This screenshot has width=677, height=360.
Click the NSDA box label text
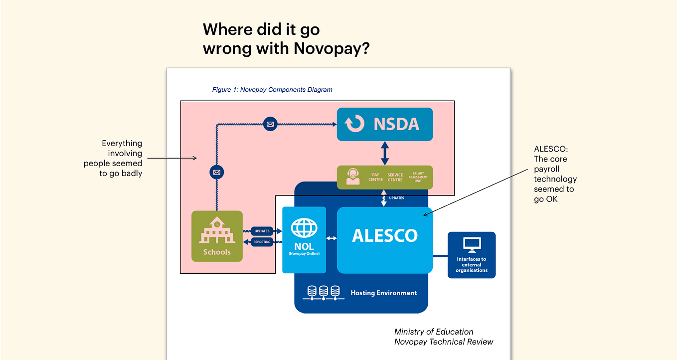point(396,124)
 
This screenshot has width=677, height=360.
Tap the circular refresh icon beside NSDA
point(354,123)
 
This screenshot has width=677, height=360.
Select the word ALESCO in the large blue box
point(385,235)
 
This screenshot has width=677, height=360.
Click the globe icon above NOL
point(304,227)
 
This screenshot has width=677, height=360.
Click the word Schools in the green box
point(217,252)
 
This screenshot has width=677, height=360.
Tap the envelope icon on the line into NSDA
point(270,124)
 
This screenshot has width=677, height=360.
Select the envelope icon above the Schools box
point(217,173)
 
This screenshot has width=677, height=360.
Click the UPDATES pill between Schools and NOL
point(262,231)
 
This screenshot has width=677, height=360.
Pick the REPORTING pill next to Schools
point(262,242)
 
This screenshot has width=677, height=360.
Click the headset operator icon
point(352,177)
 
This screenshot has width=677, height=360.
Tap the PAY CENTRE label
point(376,177)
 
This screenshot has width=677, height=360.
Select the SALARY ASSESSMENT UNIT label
point(418,177)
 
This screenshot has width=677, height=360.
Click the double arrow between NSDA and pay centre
point(385,153)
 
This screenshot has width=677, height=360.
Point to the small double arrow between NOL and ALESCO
point(332,238)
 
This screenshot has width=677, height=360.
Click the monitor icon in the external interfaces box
point(472,245)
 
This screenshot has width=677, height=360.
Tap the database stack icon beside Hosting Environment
point(324,293)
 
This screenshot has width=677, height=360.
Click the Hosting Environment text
point(383,293)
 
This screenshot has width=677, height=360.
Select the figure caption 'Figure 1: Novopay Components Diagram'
point(272,89)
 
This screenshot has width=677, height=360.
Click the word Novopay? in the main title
point(332,49)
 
